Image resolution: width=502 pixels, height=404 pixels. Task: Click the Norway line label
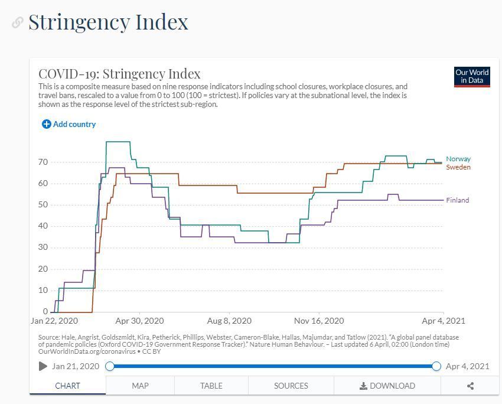click(458, 159)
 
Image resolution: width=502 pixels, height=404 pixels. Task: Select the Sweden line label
click(458, 167)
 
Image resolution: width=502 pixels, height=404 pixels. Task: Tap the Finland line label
click(458, 200)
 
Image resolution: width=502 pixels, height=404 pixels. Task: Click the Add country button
click(69, 124)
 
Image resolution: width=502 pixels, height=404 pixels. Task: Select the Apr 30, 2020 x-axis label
click(139, 321)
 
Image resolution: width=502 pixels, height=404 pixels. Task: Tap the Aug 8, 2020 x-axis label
click(229, 321)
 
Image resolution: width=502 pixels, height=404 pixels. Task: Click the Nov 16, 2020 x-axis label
click(319, 321)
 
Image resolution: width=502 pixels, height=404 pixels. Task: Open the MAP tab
click(140, 386)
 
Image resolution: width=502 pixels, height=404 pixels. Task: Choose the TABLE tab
click(211, 386)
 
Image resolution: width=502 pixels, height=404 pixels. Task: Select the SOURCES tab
click(291, 386)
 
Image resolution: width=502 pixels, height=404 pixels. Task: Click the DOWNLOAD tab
click(387, 386)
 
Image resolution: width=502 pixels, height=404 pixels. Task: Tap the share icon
click(470, 386)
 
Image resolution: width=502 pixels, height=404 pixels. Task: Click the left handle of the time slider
click(110, 366)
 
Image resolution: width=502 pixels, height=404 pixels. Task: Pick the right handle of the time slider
click(436, 366)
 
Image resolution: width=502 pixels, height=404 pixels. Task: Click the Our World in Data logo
click(472, 77)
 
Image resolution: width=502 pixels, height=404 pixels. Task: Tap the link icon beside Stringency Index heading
click(18, 22)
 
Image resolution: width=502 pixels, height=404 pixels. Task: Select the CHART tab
click(67, 386)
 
